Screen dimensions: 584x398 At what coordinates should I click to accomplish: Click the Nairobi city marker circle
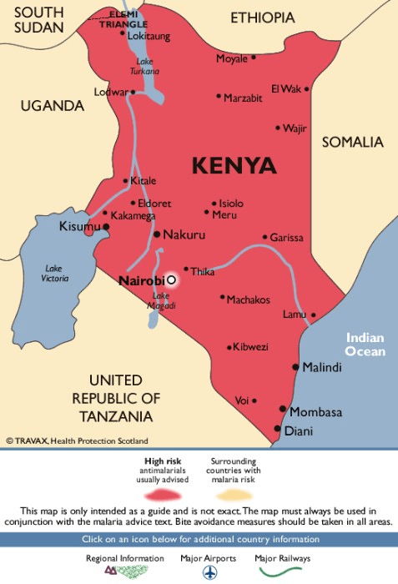[x=171, y=280]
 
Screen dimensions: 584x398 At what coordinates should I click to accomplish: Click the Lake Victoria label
[x=54, y=273]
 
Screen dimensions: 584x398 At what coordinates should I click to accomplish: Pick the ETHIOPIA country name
[x=263, y=18]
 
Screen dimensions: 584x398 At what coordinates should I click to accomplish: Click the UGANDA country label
[x=53, y=106]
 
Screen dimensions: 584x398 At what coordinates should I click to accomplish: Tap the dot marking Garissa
[x=264, y=237]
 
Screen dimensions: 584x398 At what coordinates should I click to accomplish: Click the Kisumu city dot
[x=106, y=226]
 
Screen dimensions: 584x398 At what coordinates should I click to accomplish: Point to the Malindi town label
[x=322, y=367]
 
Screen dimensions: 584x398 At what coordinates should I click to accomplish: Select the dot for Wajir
[x=278, y=128]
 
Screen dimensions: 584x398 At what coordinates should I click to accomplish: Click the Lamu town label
[x=294, y=314]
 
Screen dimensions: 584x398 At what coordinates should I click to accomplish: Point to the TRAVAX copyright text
[x=77, y=441]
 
